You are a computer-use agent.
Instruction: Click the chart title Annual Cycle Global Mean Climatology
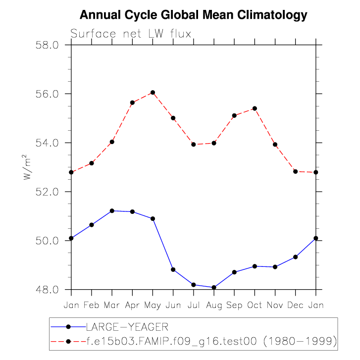click(194, 15)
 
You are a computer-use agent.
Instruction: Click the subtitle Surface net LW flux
click(131, 34)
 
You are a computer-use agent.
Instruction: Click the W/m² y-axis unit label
click(28, 167)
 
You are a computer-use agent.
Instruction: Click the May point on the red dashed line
click(153, 93)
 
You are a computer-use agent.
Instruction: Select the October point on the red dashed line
click(255, 108)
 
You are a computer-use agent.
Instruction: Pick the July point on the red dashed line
click(194, 144)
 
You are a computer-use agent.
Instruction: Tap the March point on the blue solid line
click(112, 211)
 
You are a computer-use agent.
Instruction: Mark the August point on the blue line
click(214, 287)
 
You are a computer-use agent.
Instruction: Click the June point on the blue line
click(173, 269)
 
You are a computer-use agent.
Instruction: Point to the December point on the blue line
click(296, 257)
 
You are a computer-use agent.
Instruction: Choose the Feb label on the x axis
click(92, 305)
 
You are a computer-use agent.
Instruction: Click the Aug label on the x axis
click(214, 305)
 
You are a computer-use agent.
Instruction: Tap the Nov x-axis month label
click(275, 305)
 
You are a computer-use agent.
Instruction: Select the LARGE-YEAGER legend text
click(127, 327)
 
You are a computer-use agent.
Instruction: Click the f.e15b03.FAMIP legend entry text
click(210, 341)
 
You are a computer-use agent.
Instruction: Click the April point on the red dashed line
click(133, 103)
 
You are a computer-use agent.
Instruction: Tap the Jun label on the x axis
click(173, 305)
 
